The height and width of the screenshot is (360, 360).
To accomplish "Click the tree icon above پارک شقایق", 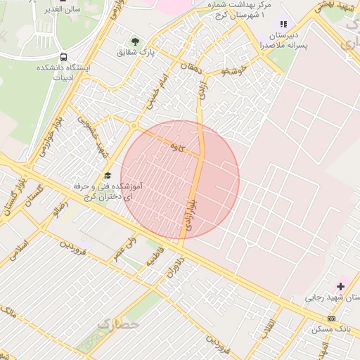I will (x=135, y=41).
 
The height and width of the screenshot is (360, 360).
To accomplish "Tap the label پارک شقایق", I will (x=135, y=52).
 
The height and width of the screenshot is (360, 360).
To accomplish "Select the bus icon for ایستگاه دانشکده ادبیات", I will (x=64, y=57).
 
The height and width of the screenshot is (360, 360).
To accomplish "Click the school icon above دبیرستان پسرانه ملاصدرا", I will (x=284, y=24).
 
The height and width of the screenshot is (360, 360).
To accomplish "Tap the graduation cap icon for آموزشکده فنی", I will (x=108, y=175).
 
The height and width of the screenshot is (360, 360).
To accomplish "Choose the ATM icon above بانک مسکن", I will (x=331, y=319).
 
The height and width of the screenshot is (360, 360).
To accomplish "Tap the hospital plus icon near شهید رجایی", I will (x=341, y=286).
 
